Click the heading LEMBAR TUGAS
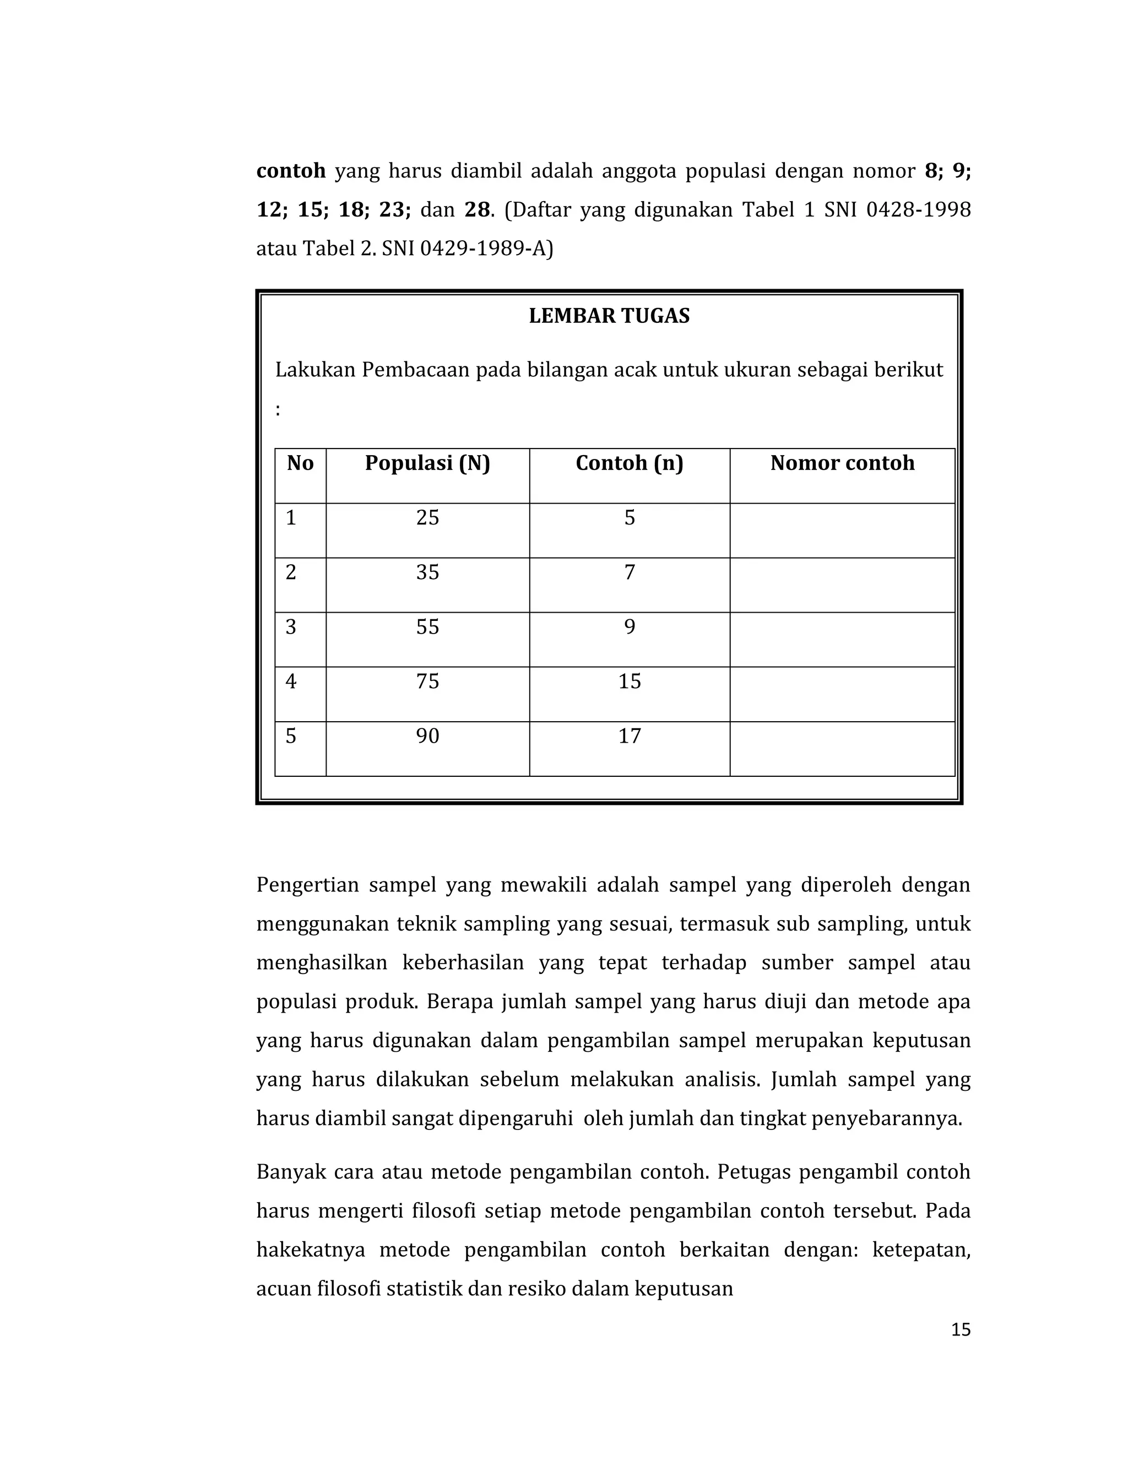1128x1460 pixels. (609, 316)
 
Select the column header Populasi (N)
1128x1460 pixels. (427, 463)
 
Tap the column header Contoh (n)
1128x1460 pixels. (629, 463)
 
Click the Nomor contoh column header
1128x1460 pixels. (842, 463)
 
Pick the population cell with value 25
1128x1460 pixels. (427, 517)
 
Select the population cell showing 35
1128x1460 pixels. (427, 572)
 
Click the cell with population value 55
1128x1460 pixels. (427, 626)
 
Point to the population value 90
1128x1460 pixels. (427, 736)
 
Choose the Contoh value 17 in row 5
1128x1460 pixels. (629, 736)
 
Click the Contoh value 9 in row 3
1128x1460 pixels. (629, 626)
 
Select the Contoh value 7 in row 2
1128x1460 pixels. (629, 572)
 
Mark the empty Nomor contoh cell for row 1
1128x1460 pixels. (842, 530)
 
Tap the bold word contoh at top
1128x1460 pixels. (291, 171)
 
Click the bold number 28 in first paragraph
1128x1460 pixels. (477, 210)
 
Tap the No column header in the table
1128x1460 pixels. (300, 463)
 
